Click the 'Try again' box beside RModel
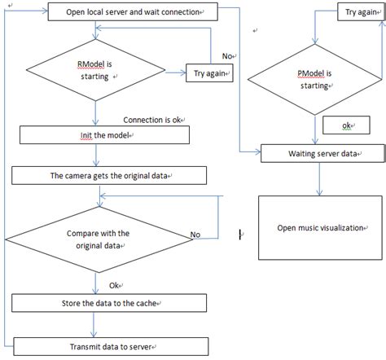pyautogui.click(x=208, y=73)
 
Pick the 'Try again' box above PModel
pyautogui.click(x=362, y=13)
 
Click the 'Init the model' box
pyautogui.click(x=97, y=134)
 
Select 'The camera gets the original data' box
pyautogui.click(x=96, y=175)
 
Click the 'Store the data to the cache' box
pyautogui.click(x=96, y=304)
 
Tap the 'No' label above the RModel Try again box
pyautogui.click(x=227, y=55)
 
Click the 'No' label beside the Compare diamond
pyautogui.click(x=195, y=235)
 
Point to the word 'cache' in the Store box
pyautogui.click(x=141, y=304)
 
